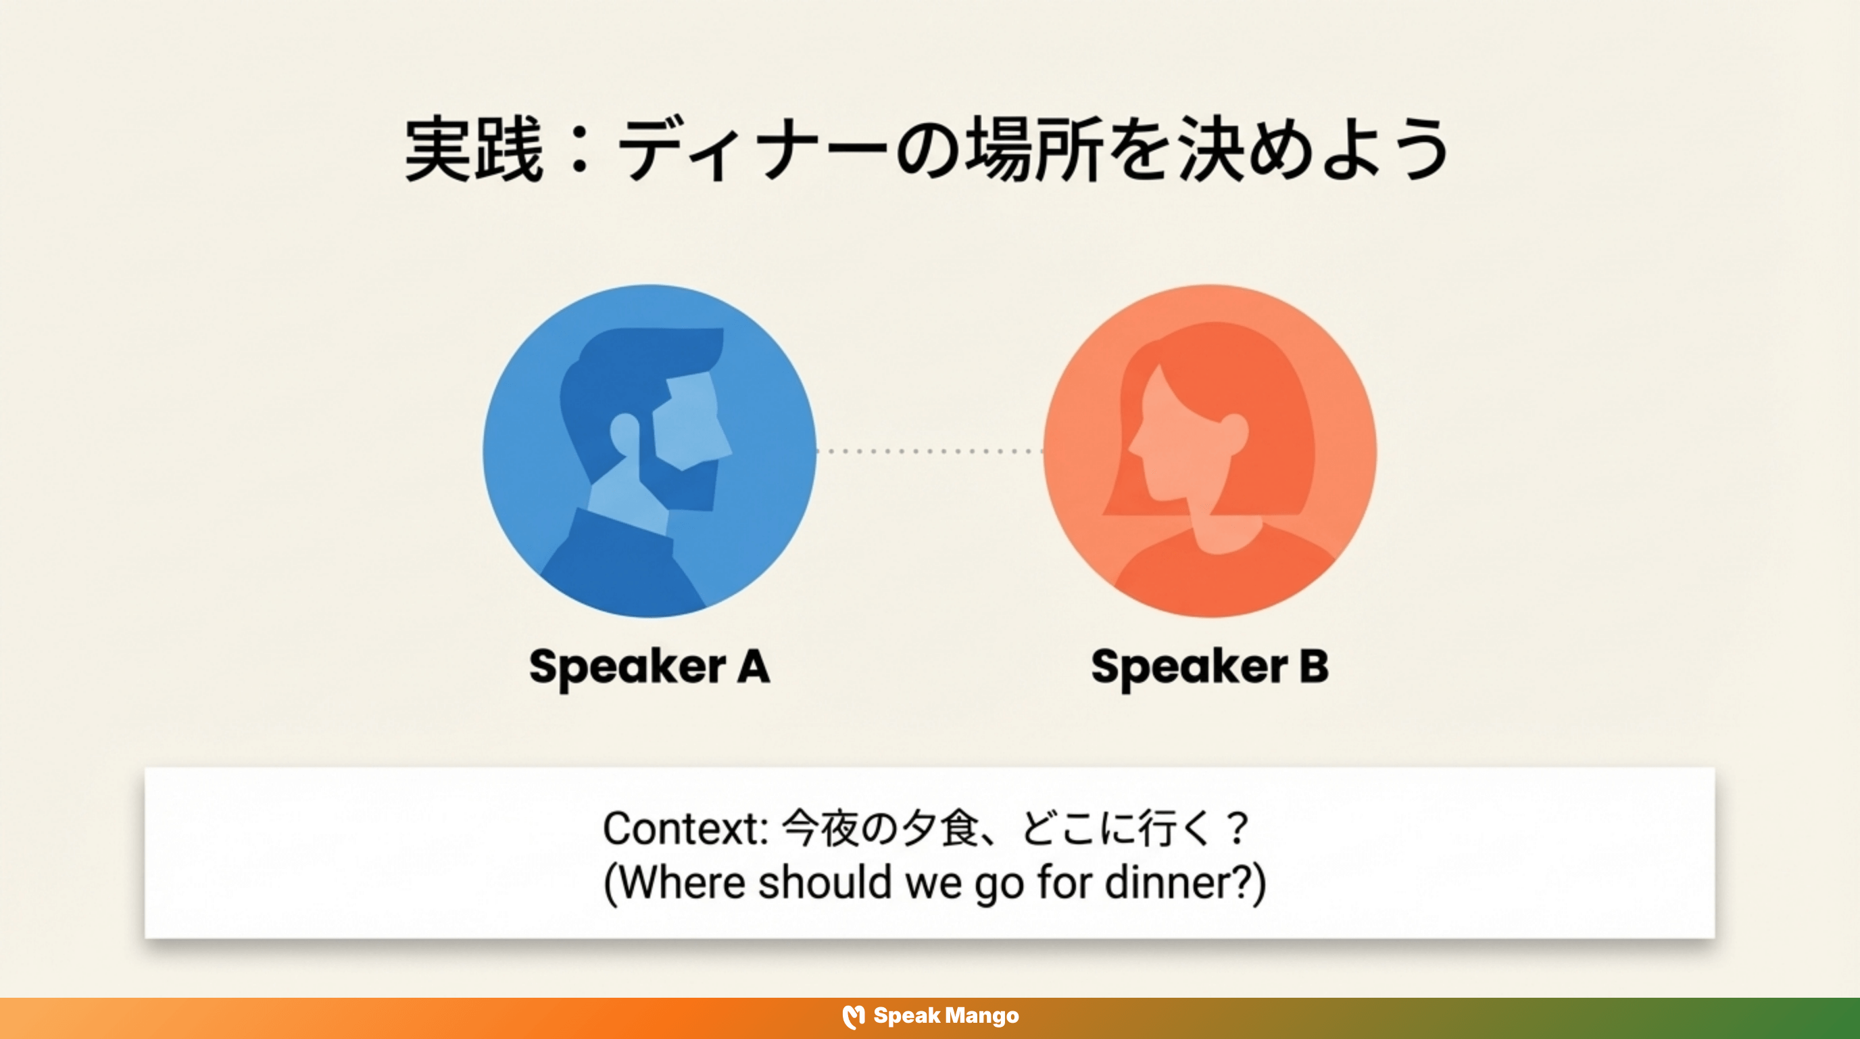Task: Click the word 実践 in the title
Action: pos(473,150)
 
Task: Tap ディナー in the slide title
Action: pos(751,150)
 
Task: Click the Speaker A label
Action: pos(649,666)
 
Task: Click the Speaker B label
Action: pos(1209,666)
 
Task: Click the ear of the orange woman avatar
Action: pos(1233,434)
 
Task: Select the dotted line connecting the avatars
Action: pos(930,451)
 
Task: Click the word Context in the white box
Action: pos(683,828)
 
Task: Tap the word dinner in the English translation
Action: pos(1165,883)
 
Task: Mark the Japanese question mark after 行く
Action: pos(1237,828)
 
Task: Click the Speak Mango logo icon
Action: pos(854,1017)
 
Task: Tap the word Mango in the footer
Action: pos(982,1017)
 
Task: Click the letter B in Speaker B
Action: pos(1313,666)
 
